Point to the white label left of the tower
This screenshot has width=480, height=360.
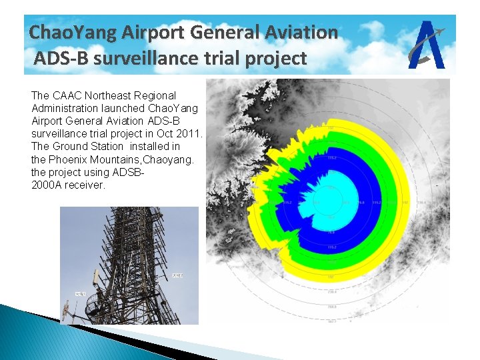pos(80,293)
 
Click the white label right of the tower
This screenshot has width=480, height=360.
pos(177,275)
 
